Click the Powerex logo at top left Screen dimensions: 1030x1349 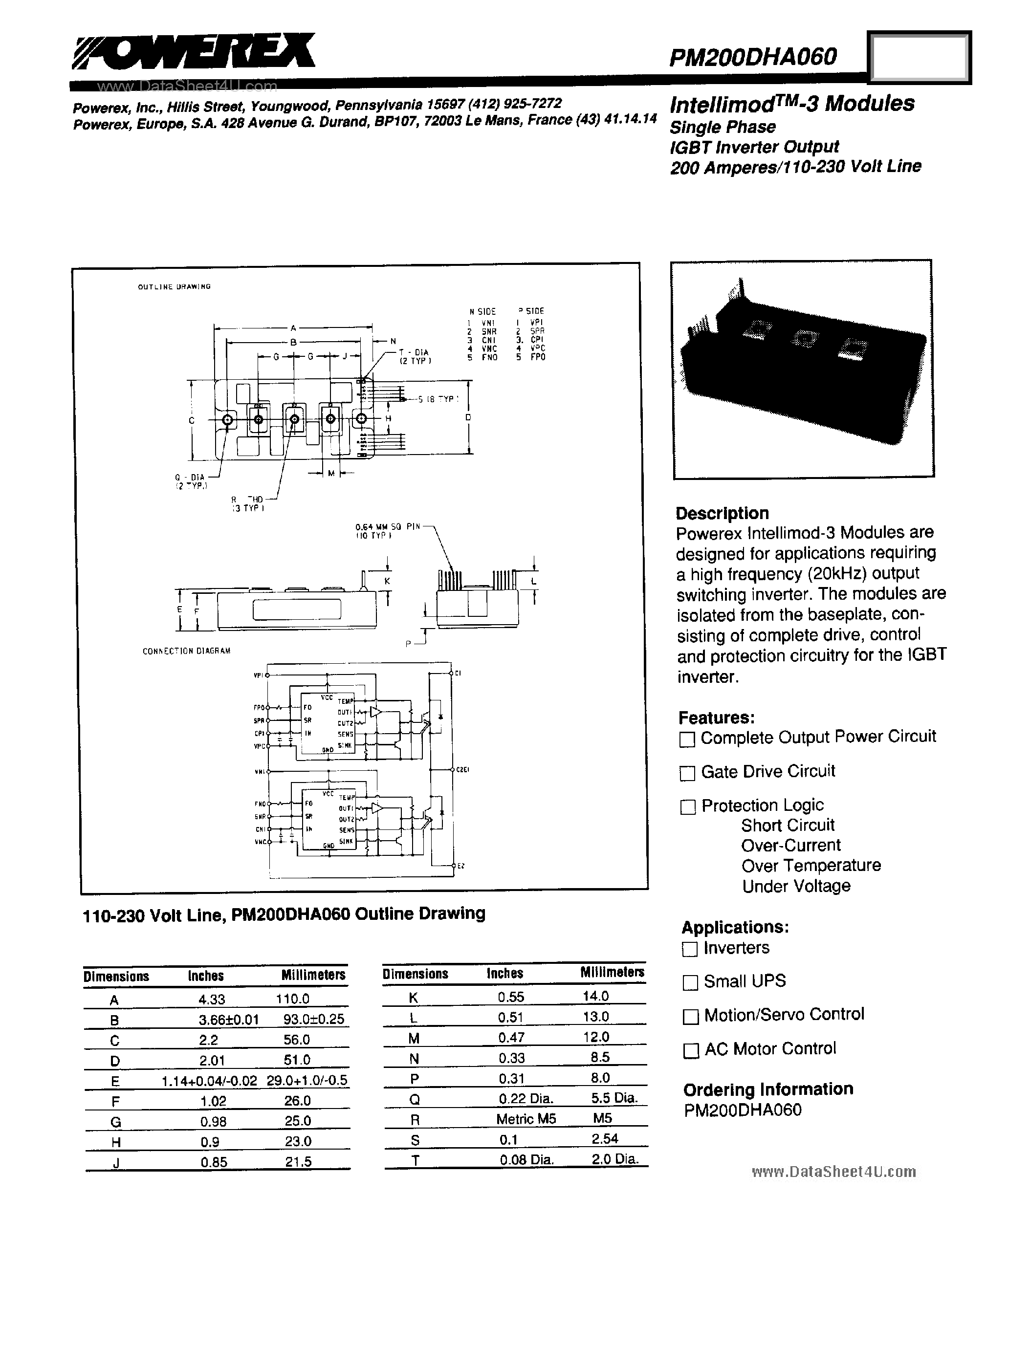point(193,52)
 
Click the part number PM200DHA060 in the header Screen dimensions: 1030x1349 point(752,57)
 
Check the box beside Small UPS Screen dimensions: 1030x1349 point(690,982)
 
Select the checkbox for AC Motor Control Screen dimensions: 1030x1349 point(691,1050)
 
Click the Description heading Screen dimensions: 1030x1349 point(722,513)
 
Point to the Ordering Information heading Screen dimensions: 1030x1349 point(768,1089)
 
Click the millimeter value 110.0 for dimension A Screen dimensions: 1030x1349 point(292,999)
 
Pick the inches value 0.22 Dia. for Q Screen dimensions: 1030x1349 point(526,1098)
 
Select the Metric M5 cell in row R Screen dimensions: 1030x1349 point(526,1119)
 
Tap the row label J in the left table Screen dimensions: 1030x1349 point(115,1162)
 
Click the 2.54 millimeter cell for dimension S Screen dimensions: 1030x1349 point(605,1139)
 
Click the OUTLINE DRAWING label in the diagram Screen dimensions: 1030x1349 point(174,287)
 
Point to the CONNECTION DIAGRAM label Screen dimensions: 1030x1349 point(186,651)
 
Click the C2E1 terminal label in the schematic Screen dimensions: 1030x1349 point(462,769)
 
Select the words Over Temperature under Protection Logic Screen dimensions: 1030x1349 point(811,866)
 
